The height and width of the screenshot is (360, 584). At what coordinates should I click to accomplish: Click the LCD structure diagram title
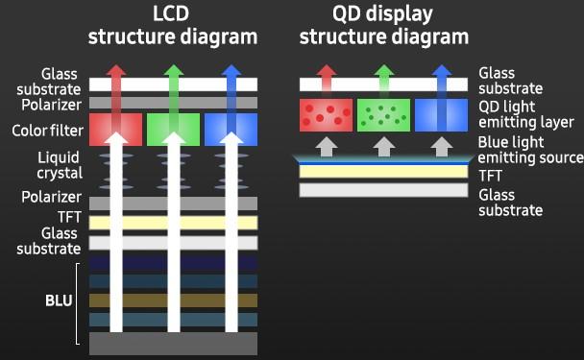click(173, 26)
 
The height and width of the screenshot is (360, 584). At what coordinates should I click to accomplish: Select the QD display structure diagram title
click(383, 26)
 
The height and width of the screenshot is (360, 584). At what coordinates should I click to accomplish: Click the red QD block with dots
click(327, 114)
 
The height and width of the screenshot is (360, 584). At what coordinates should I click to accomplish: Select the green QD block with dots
click(383, 114)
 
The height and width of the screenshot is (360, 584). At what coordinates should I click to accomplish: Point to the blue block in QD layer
click(441, 114)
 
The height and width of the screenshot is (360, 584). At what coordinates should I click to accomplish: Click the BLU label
click(59, 300)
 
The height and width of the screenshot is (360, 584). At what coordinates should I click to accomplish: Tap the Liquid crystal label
click(59, 165)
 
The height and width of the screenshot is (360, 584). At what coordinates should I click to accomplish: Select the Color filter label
click(46, 130)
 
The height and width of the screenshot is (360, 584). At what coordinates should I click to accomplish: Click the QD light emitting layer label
click(520, 114)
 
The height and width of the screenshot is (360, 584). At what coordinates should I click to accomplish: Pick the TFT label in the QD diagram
click(490, 176)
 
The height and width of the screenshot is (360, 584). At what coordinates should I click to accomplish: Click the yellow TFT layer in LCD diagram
click(173, 223)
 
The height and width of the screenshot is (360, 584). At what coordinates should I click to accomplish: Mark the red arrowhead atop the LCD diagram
click(117, 72)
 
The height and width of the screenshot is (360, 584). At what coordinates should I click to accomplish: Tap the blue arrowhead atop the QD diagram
click(441, 72)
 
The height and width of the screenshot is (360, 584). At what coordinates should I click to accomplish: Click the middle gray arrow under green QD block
click(383, 146)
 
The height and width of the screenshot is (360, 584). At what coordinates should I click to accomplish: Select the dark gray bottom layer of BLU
click(173, 342)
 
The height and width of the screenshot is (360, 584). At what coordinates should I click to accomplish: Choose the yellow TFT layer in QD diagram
click(383, 173)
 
